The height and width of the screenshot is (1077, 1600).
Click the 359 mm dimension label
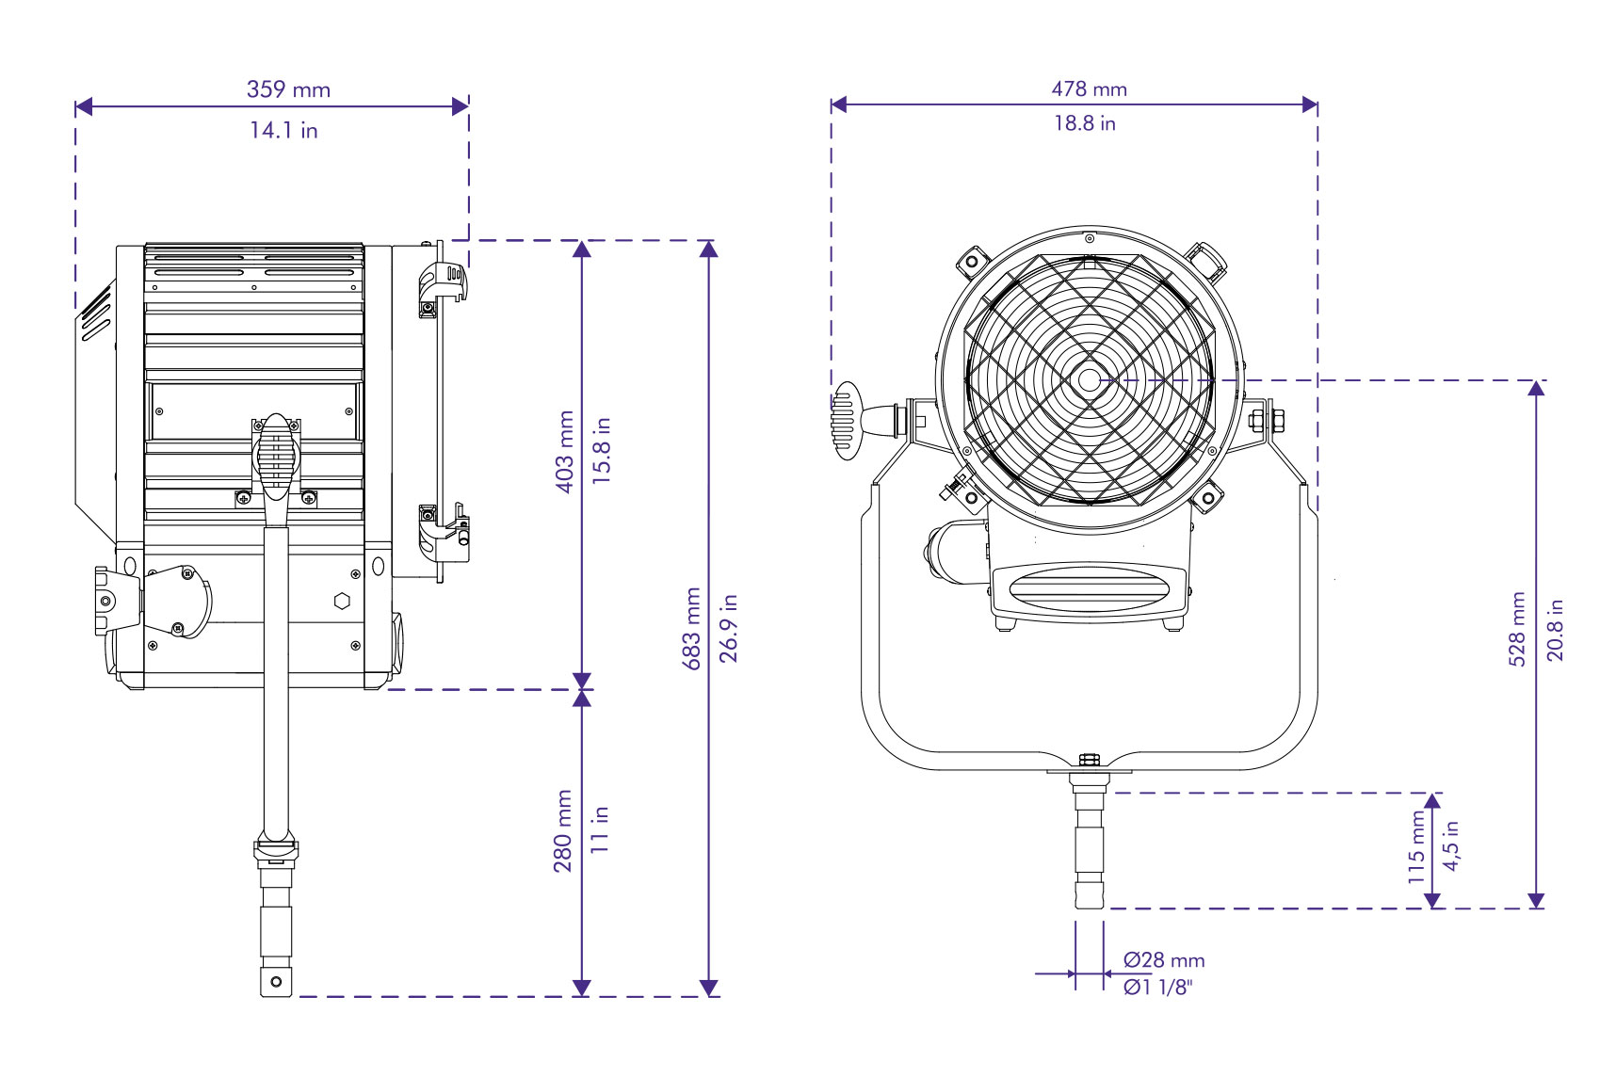pos(288,89)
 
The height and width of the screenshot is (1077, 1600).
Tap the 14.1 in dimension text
pos(283,130)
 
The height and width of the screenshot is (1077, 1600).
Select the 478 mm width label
pos(1089,88)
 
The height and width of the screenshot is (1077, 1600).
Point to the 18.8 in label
pos(1084,122)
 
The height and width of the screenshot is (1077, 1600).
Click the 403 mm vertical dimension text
pos(565,451)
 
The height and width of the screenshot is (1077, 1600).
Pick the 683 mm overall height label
pos(693,628)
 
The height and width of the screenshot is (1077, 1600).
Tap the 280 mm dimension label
pos(563,830)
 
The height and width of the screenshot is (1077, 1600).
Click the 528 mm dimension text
pos(1517,629)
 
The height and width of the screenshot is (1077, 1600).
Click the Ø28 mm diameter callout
pos(1163,960)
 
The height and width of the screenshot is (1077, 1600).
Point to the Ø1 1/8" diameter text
pos(1157,987)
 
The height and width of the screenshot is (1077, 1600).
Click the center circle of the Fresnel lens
pos(1089,380)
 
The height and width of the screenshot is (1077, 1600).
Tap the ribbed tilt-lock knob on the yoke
pos(846,420)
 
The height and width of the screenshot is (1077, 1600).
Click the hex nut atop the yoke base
pos(1089,759)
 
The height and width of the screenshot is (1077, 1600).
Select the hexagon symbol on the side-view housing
pos(343,601)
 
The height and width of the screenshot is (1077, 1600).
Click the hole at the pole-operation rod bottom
pos(276,982)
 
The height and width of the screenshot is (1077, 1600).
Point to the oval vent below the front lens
pos(1089,589)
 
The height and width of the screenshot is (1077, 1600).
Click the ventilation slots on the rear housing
pos(95,313)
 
